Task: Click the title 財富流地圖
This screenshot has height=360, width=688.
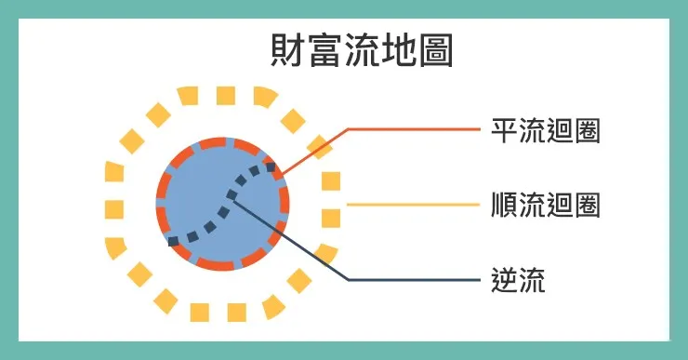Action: [362, 51]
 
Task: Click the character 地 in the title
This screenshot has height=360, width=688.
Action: [399, 51]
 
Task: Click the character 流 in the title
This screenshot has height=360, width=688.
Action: [362, 51]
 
